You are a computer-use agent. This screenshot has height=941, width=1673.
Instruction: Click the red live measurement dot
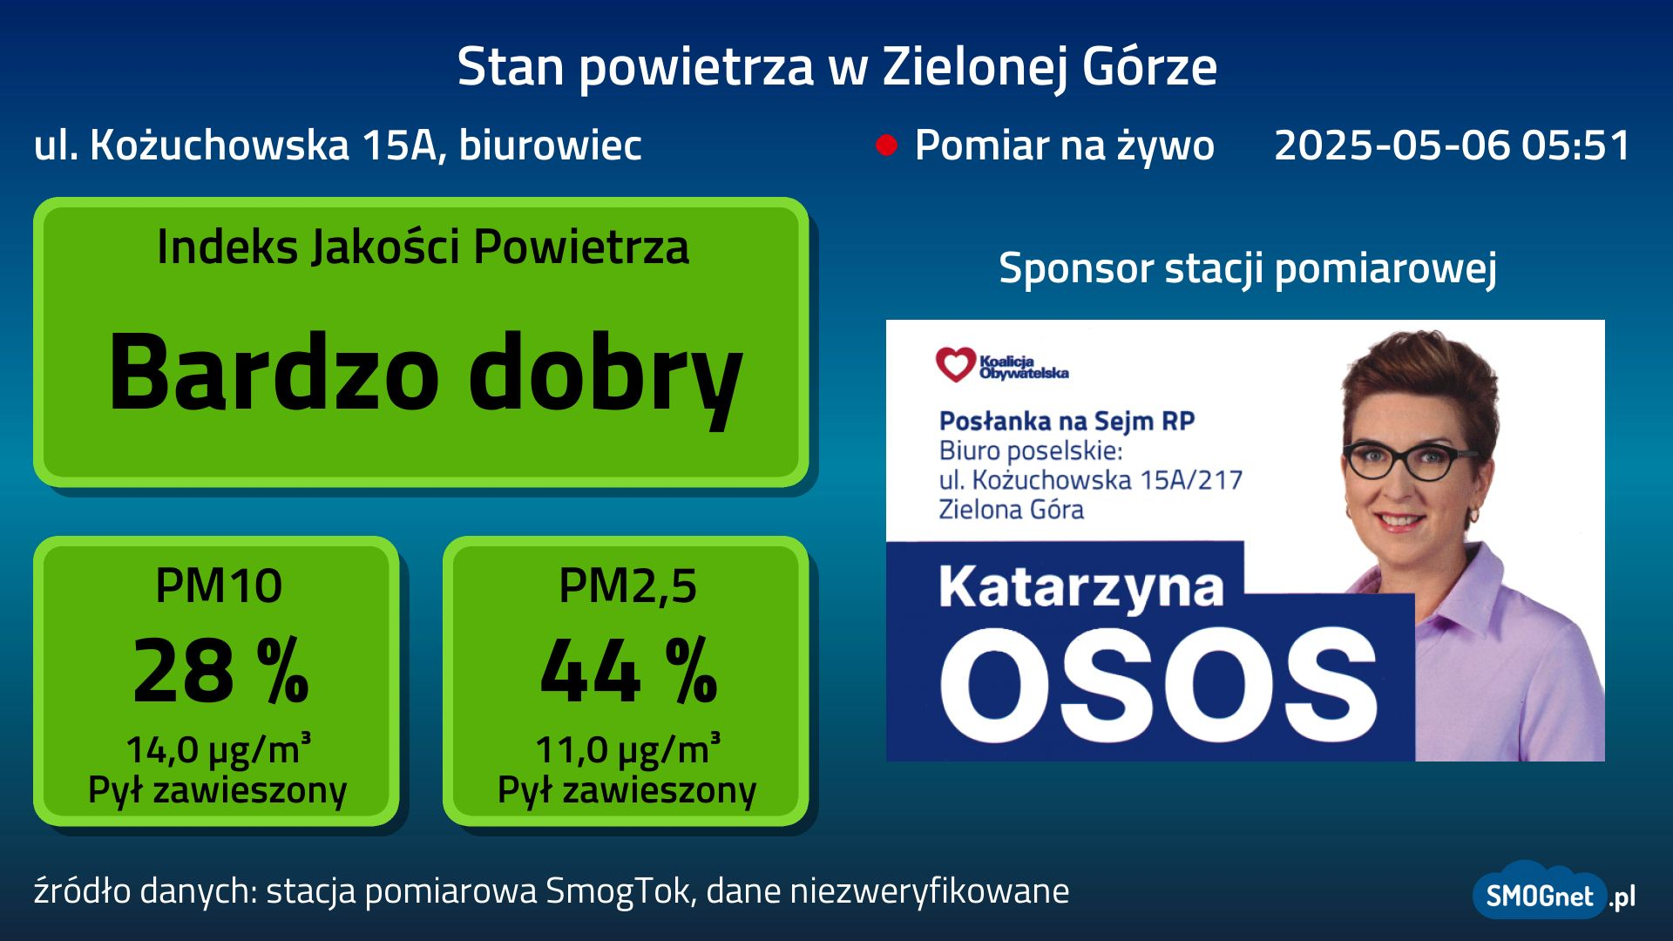[x=886, y=146]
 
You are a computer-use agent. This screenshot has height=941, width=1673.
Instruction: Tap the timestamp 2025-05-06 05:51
[x=1452, y=145]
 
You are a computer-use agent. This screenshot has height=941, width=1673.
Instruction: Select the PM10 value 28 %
[x=220, y=670]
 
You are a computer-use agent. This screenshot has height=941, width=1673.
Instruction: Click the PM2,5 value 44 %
[x=628, y=670]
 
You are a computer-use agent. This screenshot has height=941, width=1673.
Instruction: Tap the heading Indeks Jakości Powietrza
[x=423, y=247]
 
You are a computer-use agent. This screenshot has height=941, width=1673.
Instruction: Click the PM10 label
[x=219, y=586]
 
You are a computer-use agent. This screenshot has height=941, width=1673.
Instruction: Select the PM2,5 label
[x=627, y=586]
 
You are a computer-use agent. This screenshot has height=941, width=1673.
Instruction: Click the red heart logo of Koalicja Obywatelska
[x=955, y=364]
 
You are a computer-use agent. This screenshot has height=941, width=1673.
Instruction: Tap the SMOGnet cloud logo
[x=1541, y=891]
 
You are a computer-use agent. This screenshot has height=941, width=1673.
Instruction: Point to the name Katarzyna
[x=1081, y=588]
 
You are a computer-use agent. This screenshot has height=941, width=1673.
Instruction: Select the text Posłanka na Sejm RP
[x=1067, y=422]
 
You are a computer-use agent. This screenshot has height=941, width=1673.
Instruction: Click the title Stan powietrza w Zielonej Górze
[x=836, y=66]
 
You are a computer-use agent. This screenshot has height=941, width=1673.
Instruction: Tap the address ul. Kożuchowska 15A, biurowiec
[x=338, y=146]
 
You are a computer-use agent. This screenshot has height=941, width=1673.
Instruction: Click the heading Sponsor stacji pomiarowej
[x=1248, y=267]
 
